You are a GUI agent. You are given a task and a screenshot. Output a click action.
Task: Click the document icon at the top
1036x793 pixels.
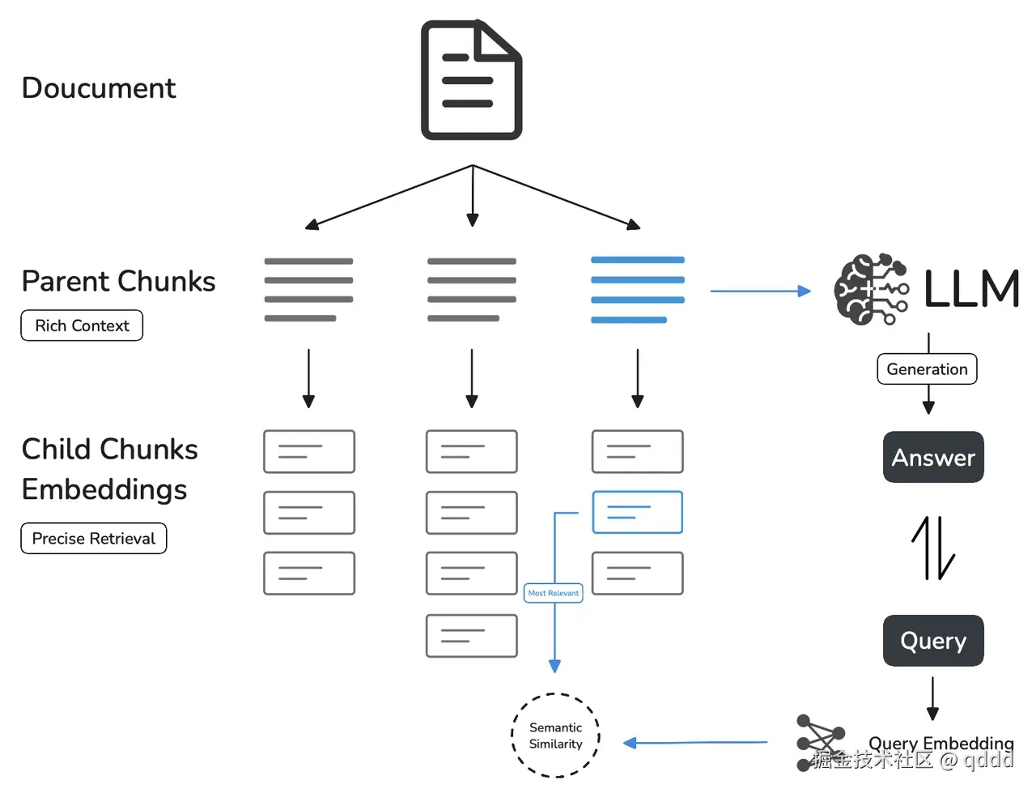tap(471, 80)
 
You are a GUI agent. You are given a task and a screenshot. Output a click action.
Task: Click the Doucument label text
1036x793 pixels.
tap(98, 87)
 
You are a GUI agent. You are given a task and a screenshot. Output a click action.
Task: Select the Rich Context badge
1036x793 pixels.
tap(82, 326)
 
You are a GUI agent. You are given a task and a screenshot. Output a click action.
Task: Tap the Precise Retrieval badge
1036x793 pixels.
tap(94, 539)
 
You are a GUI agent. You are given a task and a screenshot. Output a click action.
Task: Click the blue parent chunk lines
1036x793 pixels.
tap(637, 290)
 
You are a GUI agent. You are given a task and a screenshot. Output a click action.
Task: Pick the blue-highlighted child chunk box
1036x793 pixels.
tap(638, 512)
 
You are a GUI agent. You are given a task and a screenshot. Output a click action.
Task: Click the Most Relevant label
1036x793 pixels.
tap(554, 593)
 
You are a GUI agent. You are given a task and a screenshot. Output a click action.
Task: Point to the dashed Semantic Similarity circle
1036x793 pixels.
tap(556, 735)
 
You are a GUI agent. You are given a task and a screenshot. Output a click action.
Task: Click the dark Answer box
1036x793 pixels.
tap(933, 458)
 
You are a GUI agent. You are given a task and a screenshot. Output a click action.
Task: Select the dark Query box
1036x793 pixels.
tap(933, 641)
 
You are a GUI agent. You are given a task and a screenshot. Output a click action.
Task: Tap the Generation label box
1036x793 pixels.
tap(927, 369)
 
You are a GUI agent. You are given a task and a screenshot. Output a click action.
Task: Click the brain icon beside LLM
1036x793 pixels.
tap(871, 289)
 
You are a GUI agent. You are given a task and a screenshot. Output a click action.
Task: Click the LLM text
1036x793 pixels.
tap(971, 289)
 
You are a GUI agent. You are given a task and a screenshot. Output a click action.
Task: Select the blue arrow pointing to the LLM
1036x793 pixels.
tap(760, 291)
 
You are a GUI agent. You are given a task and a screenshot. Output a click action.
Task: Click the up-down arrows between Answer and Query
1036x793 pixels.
tap(933, 548)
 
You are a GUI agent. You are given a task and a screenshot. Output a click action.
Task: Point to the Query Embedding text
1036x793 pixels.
tap(940, 743)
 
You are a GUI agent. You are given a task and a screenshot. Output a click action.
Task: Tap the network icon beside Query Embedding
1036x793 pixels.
tap(819, 741)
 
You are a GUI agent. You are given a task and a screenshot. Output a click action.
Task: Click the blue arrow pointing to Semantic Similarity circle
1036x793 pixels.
tap(695, 742)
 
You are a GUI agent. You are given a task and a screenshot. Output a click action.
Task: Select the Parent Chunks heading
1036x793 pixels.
tap(118, 281)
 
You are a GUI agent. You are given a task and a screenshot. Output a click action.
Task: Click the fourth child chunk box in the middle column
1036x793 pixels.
tap(472, 636)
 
